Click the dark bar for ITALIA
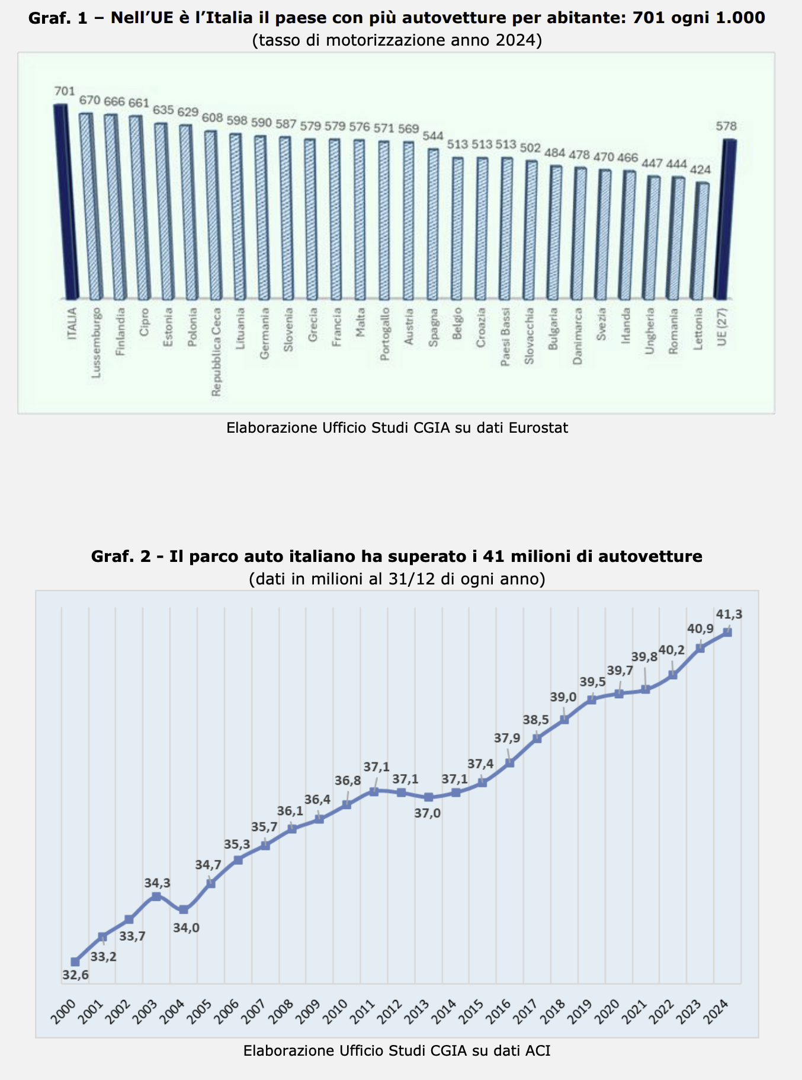tap(66, 202)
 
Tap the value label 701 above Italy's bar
tap(65, 91)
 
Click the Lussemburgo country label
tap(96, 343)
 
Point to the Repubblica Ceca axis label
tap(216, 352)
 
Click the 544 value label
tap(432, 136)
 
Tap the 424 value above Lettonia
tap(701, 170)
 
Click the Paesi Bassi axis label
tap(505, 337)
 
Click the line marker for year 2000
tap(75, 961)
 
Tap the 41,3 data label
tap(729, 614)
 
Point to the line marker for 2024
tap(727, 632)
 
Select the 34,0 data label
tap(186, 928)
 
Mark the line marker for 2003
tap(156, 896)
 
